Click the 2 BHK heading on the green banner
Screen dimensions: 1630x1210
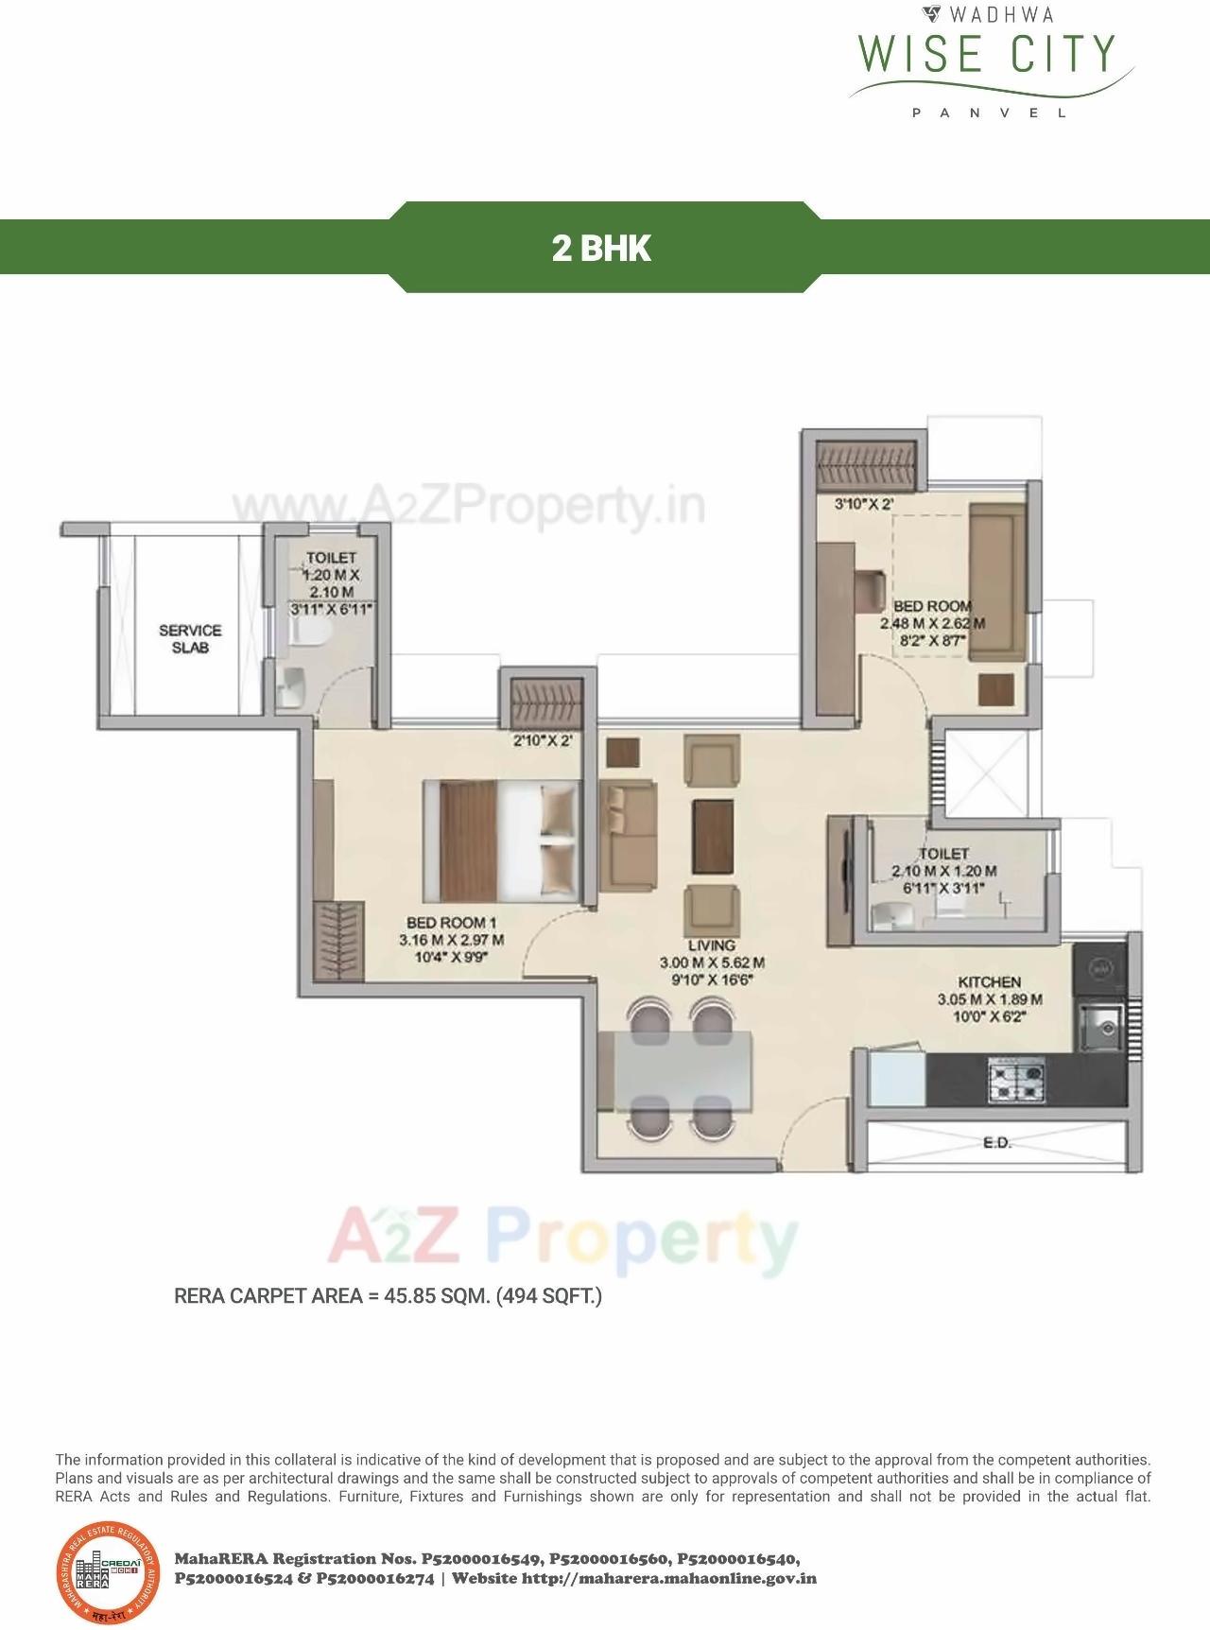click(601, 248)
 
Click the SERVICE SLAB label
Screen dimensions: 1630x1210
click(190, 639)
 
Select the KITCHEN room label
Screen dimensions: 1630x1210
click(989, 982)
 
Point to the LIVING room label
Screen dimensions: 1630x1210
click(712, 945)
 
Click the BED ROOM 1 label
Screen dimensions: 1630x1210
click(451, 923)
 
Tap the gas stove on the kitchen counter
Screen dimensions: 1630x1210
click(1016, 1080)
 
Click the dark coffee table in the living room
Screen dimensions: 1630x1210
click(713, 836)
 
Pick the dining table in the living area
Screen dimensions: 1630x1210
click(683, 1070)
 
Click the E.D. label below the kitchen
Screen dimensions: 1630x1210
click(997, 1143)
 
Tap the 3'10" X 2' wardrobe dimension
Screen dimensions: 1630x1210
click(863, 505)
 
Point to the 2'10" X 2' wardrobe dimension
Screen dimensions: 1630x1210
click(543, 742)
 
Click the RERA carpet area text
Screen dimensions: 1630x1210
click(388, 1295)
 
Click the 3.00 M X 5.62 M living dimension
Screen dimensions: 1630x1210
click(712, 963)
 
